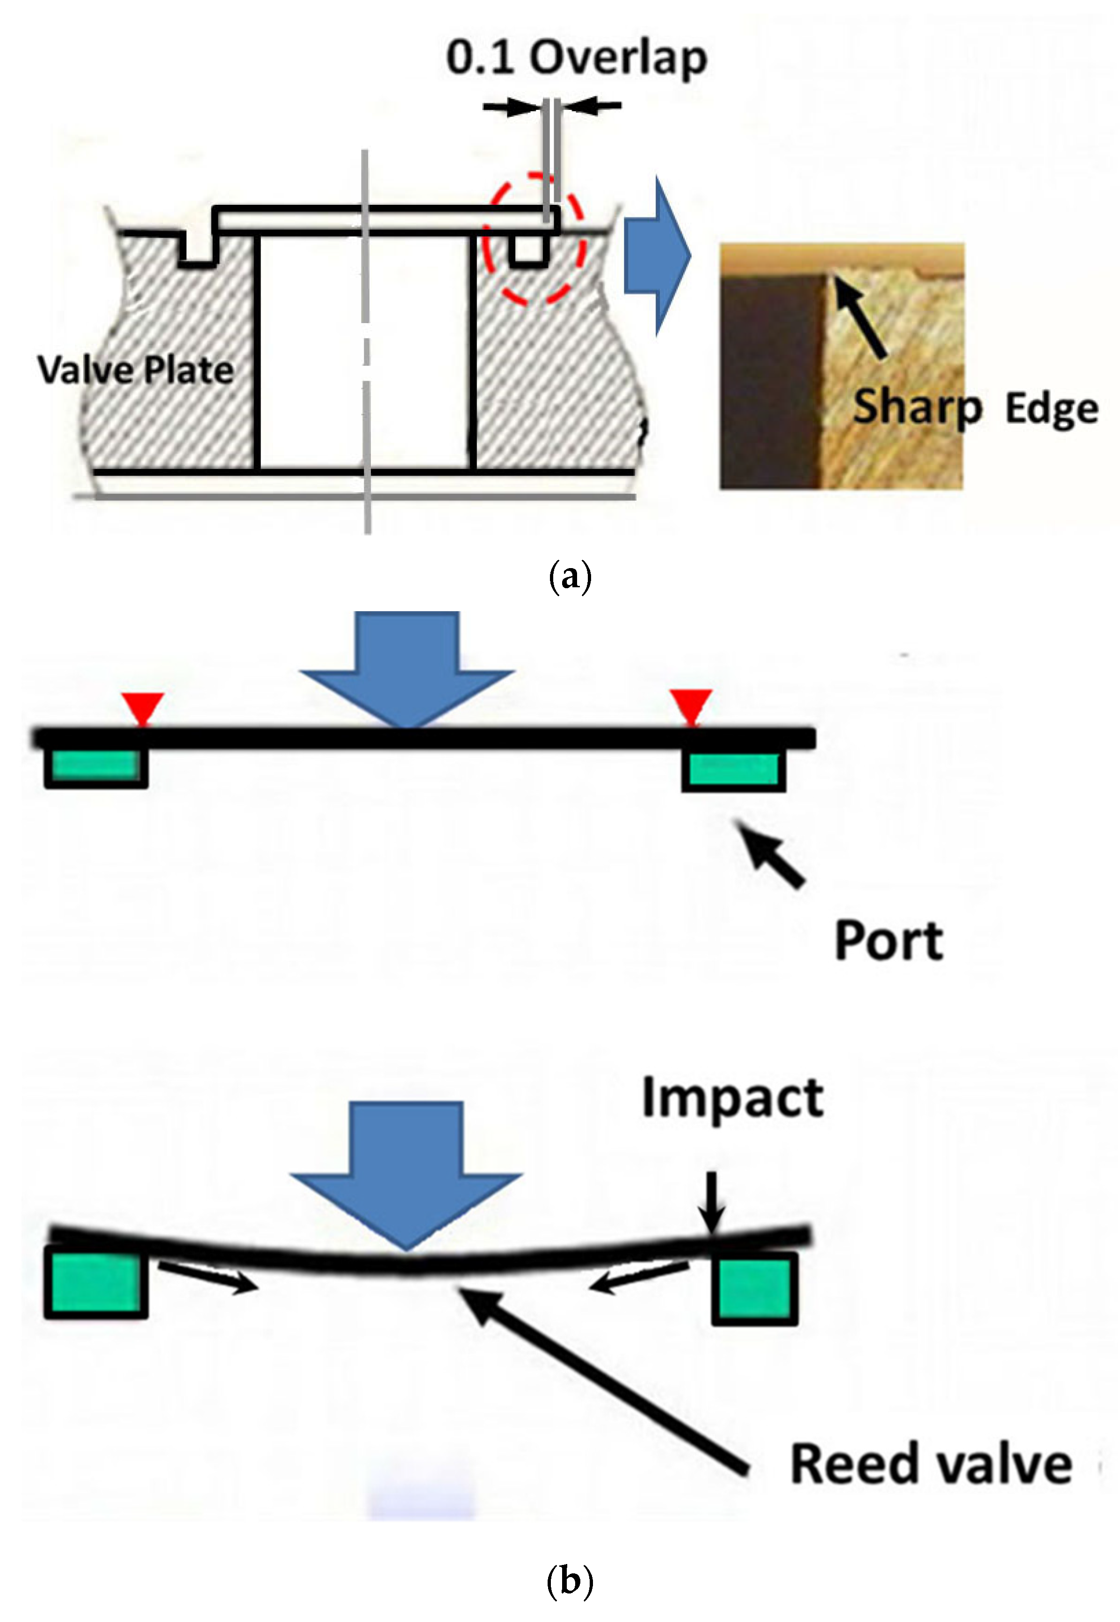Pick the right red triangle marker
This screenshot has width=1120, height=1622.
point(691,706)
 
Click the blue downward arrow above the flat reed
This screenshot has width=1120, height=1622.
point(407,666)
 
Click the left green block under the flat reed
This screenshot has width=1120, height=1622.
point(96,769)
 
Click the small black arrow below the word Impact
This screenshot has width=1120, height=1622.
point(712,1202)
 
